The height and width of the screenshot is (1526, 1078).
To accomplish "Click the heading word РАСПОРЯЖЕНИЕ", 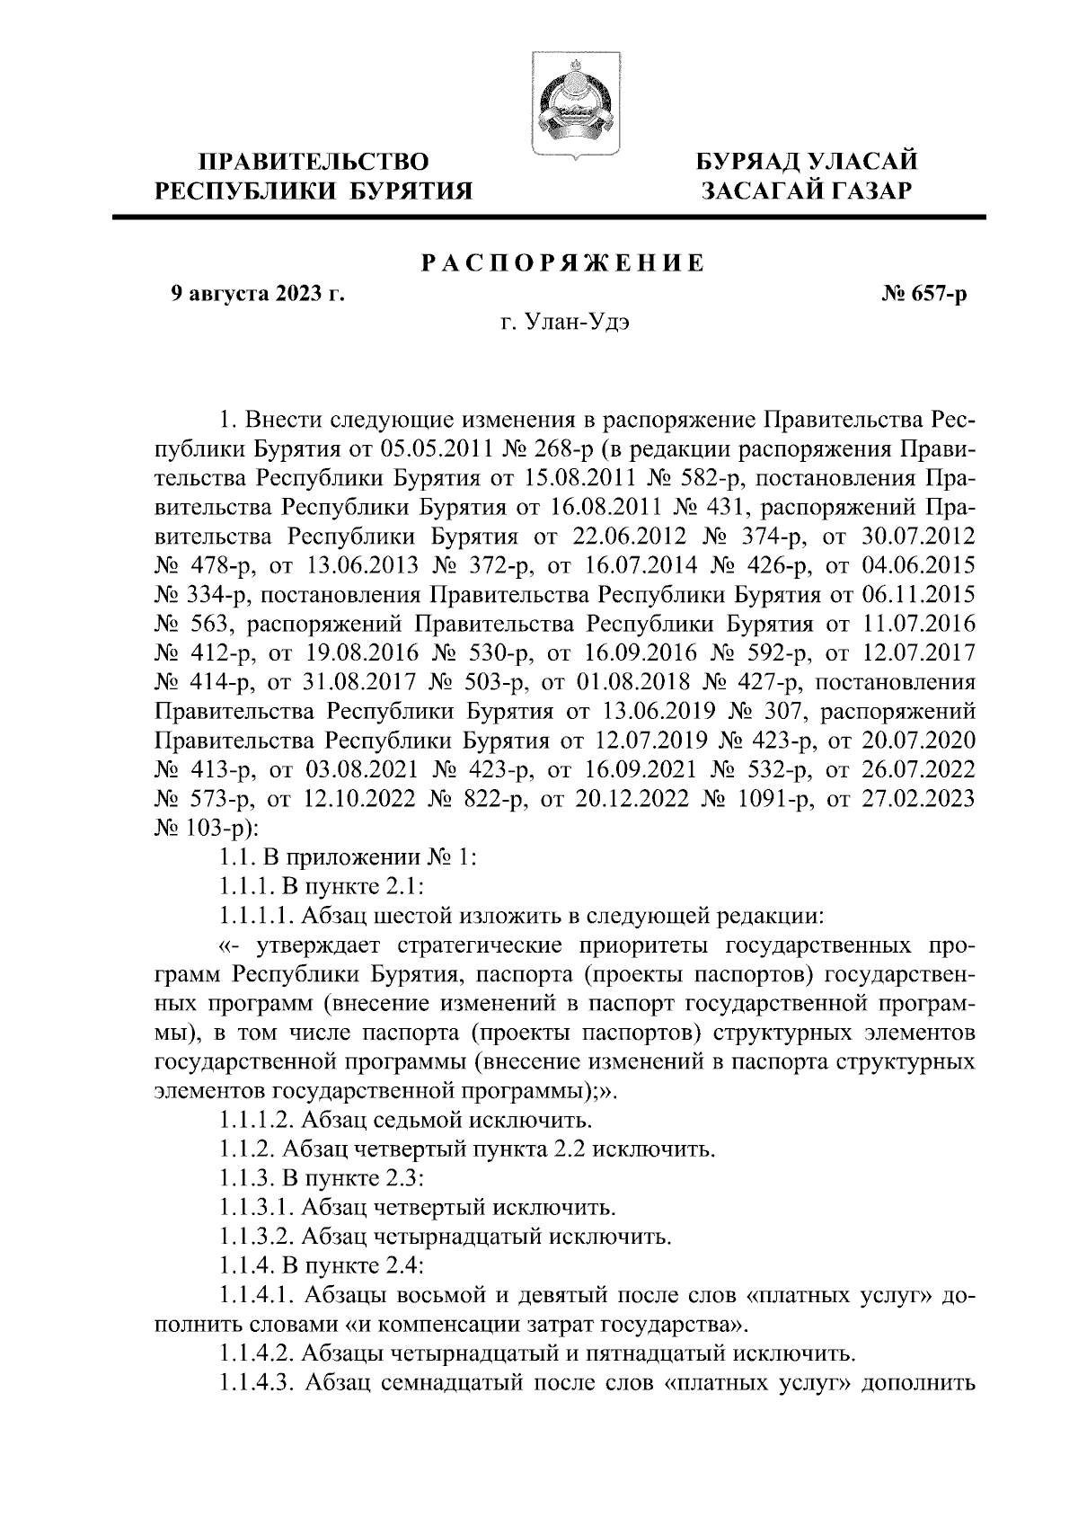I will point(563,263).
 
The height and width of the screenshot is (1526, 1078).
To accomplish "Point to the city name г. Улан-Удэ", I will point(564,321).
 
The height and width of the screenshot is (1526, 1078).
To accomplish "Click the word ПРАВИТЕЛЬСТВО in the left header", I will point(314,162).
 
